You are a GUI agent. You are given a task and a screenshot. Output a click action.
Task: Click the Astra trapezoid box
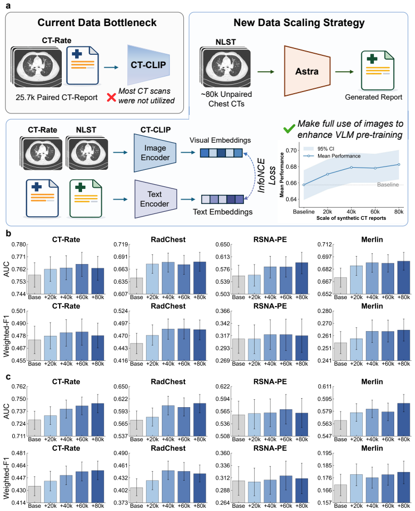(307, 71)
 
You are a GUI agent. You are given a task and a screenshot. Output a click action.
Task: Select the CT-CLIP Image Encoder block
(155, 153)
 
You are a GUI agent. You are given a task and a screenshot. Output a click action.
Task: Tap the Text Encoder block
(156, 199)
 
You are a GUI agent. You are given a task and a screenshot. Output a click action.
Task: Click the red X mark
(111, 97)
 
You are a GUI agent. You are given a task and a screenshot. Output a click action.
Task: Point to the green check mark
(289, 129)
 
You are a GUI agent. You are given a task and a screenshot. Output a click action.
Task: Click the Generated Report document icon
(378, 70)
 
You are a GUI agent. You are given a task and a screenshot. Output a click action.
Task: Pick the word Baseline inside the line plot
(388, 185)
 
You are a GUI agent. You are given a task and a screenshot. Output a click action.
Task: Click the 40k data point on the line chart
(352, 167)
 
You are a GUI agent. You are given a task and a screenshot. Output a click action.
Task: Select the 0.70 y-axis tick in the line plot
(291, 150)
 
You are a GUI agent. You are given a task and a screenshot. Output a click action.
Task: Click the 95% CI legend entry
(319, 149)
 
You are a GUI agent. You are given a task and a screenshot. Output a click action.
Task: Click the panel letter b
(9, 233)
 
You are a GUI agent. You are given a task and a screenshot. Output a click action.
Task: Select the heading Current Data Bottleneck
(97, 22)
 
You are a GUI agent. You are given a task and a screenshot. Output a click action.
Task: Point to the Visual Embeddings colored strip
(221, 153)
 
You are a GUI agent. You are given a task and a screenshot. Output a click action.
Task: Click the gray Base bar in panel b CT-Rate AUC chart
(35, 284)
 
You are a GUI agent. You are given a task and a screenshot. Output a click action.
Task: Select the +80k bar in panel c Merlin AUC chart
(404, 419)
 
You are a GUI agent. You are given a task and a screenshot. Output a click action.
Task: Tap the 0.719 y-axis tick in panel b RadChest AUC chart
(119, 244)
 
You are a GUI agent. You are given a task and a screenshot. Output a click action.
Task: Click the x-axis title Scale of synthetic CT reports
(351, 218)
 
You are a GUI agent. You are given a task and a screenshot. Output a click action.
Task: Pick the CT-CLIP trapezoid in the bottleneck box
(149, 65)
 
